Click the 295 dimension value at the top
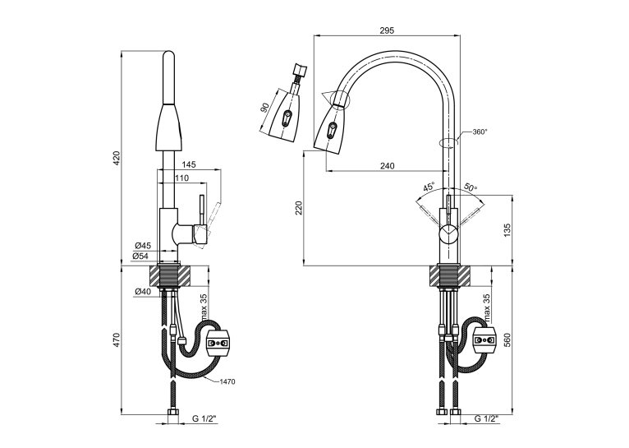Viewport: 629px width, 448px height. coord(387,30)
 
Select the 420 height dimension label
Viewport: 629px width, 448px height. coord(117,159)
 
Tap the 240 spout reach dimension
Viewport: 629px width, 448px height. coord(387,165)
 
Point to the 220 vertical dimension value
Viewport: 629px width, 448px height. coord(299,208)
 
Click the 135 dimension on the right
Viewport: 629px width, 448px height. coord(507,231)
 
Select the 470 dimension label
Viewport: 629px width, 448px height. coord(117,339)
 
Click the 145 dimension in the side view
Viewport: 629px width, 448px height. coord(189,164)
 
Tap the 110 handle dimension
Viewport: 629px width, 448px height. coord(181,178)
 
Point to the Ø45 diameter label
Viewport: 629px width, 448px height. coord(143,245)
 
